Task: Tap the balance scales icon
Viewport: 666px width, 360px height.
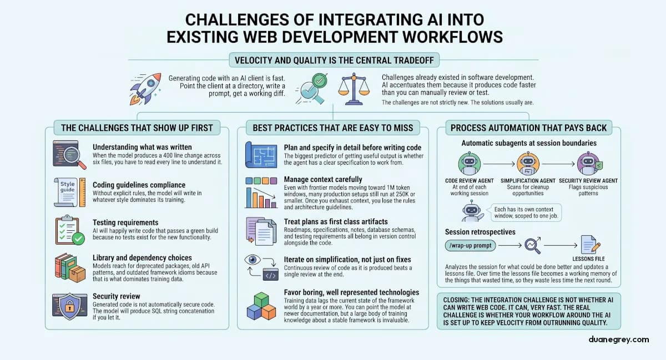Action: coord(356,88)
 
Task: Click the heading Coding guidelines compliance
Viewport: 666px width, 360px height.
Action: coord(139,185)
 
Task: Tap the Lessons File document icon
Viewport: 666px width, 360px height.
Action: coord(588,245)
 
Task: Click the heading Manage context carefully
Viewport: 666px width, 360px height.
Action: coord(322,180)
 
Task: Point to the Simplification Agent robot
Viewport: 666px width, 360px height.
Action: coord(527,164)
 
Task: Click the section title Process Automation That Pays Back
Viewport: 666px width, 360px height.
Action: coord(528,128)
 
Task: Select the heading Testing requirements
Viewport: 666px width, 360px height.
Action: coord(126,222)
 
